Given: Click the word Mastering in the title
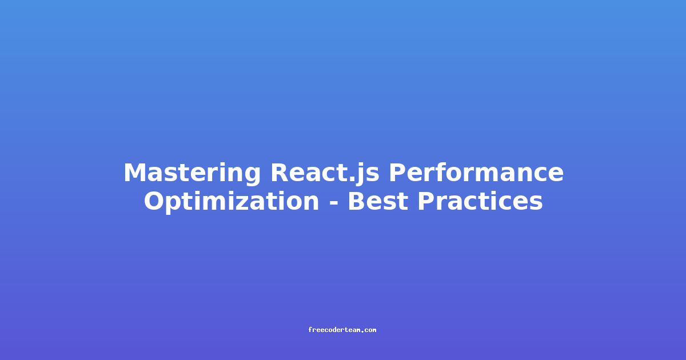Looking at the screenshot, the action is pyautogui.click(x=192, y=174).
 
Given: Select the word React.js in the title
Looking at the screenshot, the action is pyautogui.click(x=325, y=174).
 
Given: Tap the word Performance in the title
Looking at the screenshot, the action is pyautogui.click(x=476, y=173).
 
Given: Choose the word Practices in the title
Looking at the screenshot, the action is pyautogui.click(x=480, y=201).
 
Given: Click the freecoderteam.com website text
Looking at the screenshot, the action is pyautogui.click(x=342, y=330).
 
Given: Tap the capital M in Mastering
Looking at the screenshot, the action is pyautogui.click(x=135, y=173).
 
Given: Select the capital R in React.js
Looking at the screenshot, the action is pyautogui.click(x=280, y=173).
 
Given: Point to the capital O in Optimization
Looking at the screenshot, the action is pyautogui.click(x=155, y=201).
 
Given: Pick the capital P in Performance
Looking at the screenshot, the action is pyautogui.click(x=397, y=173).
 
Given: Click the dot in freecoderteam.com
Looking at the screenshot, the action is pyautogui.click(x=362, y=331).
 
